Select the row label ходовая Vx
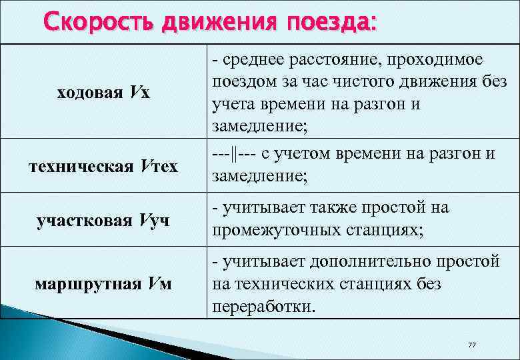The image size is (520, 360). point(103,93)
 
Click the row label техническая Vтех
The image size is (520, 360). point(103,166)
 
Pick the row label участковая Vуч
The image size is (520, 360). point(103,220)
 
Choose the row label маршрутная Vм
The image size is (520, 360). point(103,285)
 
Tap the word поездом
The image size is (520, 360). point(242,83)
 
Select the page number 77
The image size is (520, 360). point(472,344)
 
